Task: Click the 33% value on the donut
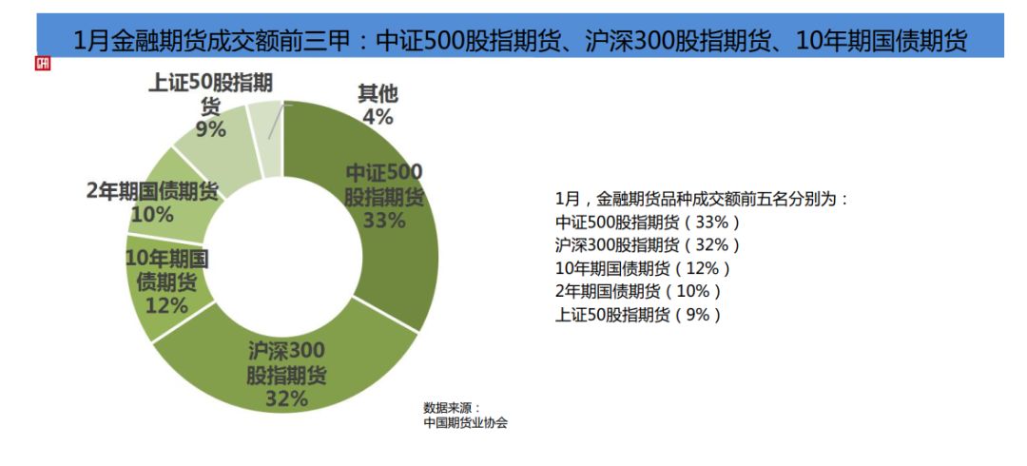[x=384, y=221]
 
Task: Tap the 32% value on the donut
[x=286, y=398]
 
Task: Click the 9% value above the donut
[x=211, y=128]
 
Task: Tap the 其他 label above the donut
[x=378, y=94]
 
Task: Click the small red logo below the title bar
[x=42, y=64]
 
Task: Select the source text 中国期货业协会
[x=466, y=423]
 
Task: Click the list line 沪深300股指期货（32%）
[x=647, y=245]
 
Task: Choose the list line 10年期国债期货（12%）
[x=643, y=268]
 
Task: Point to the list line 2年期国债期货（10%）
[x=638, y=291]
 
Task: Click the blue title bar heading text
[x=520, y=41]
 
